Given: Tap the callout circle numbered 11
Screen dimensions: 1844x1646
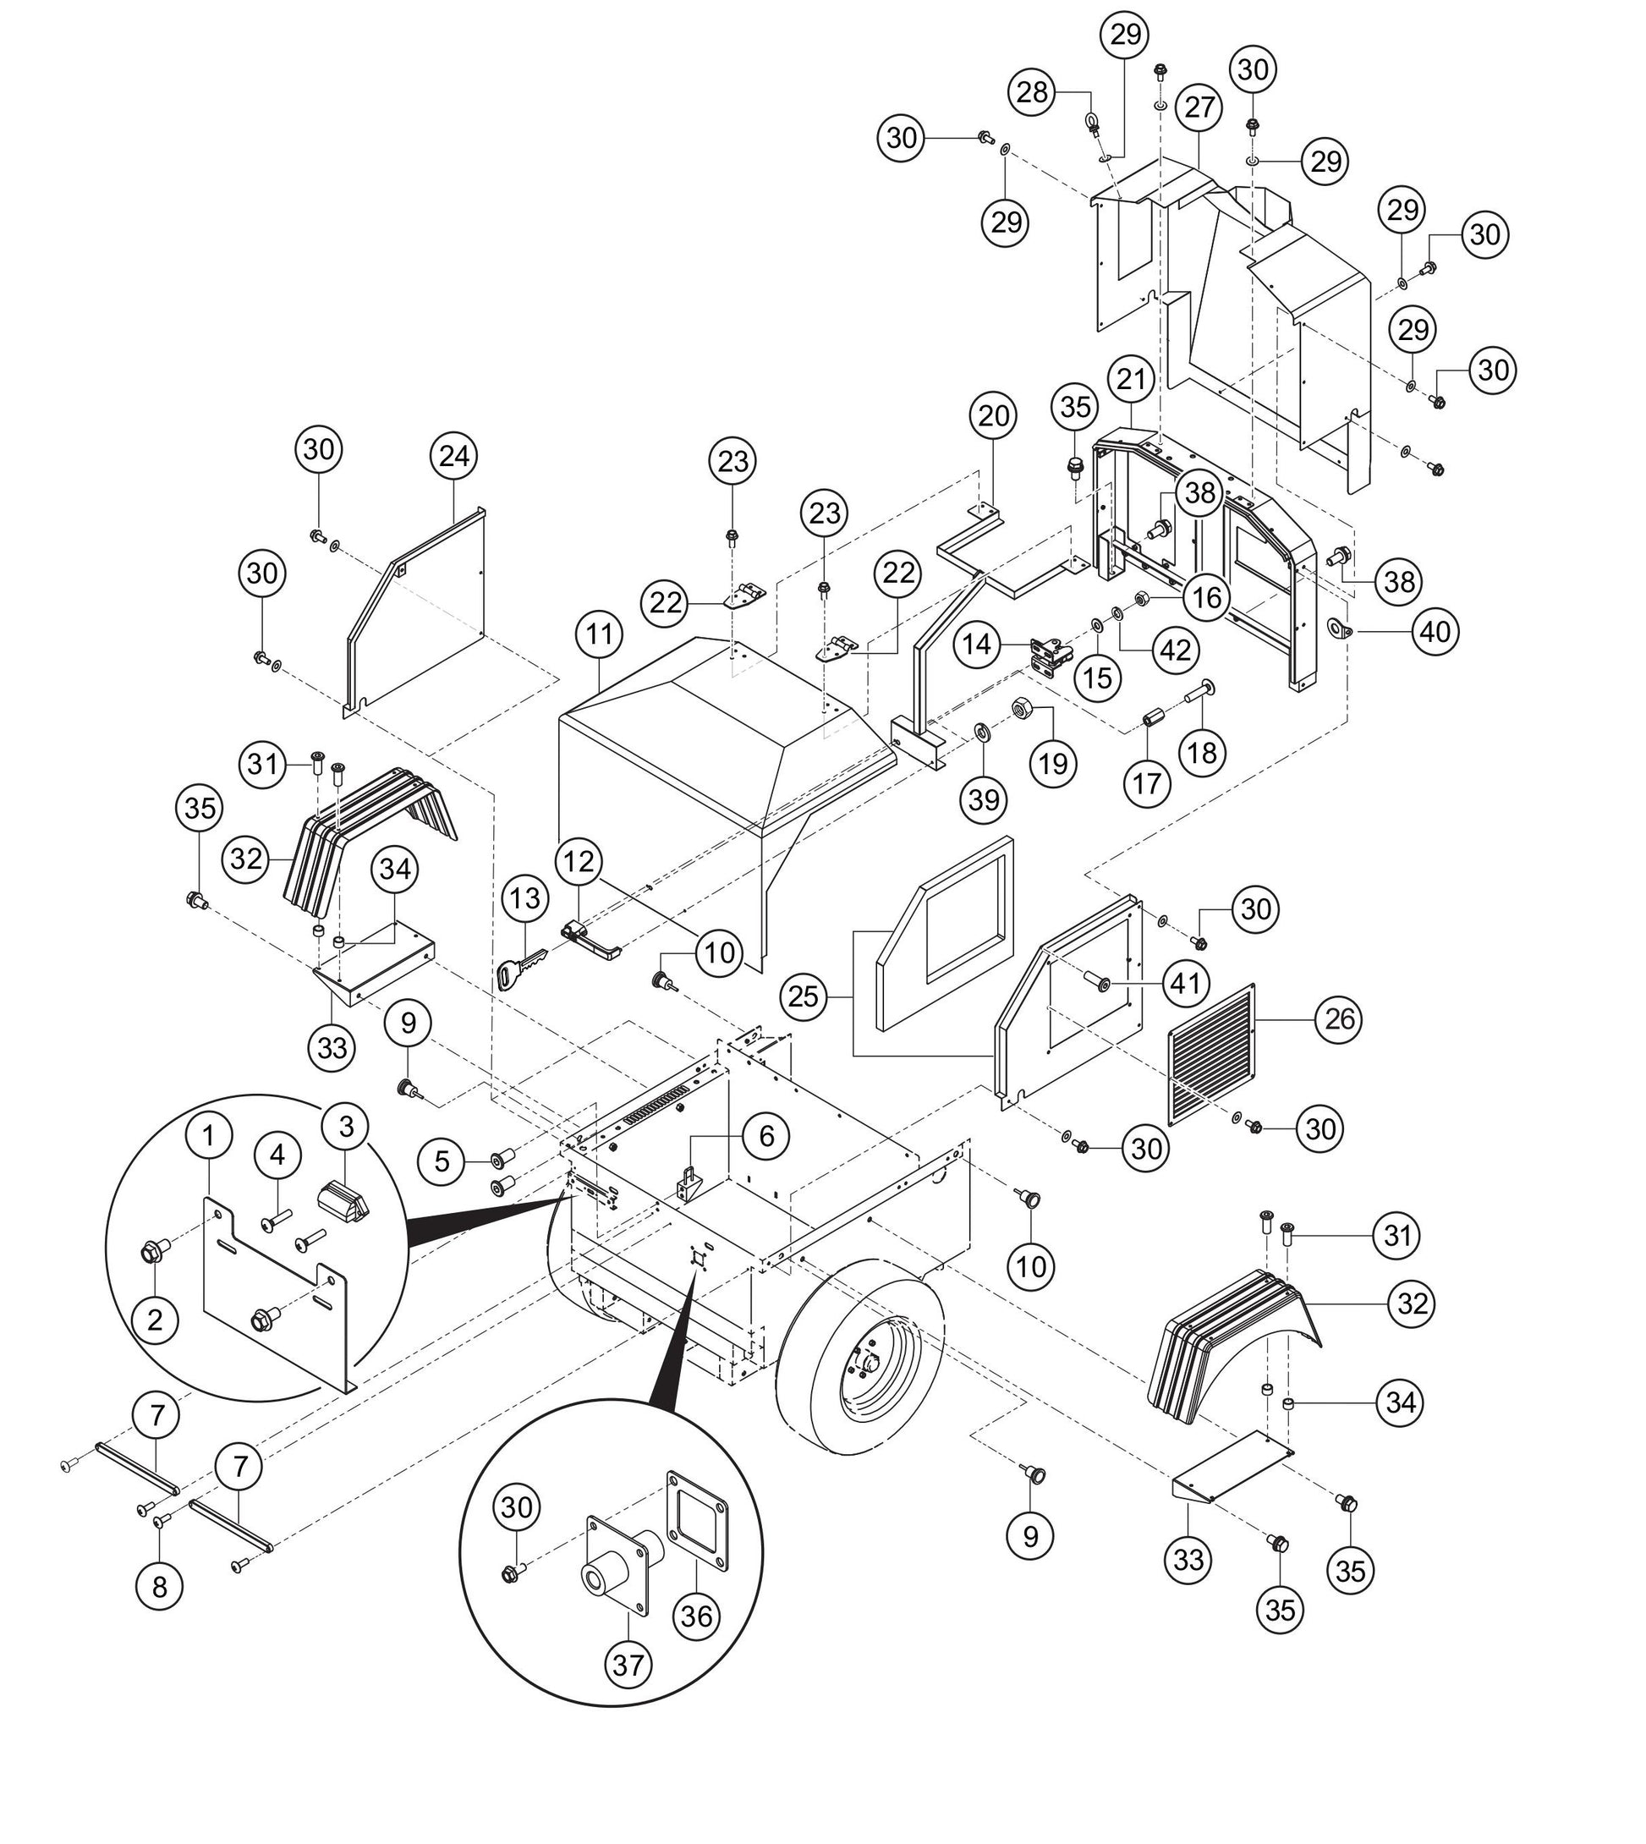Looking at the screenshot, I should (x=600, y=634).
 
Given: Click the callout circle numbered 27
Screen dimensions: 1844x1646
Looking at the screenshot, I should (x=1199, y=107).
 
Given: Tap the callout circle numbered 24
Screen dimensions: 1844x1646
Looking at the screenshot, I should (x=454, y=456).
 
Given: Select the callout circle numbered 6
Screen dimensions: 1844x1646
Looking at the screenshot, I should (x=766, y=1136).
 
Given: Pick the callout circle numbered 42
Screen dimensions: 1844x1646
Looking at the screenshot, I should (x=1176, y=650).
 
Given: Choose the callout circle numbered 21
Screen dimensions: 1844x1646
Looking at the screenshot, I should (x=1131, y=380).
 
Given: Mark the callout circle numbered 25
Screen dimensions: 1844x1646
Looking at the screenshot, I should (x=803, y=996).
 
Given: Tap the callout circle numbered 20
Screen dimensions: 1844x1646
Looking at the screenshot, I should (x=993, y=416).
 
